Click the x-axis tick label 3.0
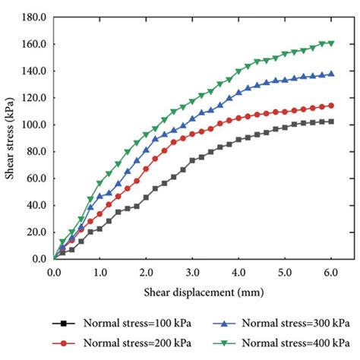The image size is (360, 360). (192, 271)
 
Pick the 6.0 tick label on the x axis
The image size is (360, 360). (330, 271)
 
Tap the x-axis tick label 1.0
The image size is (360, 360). (99, 271)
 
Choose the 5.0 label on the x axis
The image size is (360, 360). (284, 271)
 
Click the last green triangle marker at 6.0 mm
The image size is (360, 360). (330, 43)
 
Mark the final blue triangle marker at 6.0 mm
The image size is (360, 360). (330, 74)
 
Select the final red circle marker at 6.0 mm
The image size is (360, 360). (330, 106)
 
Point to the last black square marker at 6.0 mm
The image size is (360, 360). (330, 122)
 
